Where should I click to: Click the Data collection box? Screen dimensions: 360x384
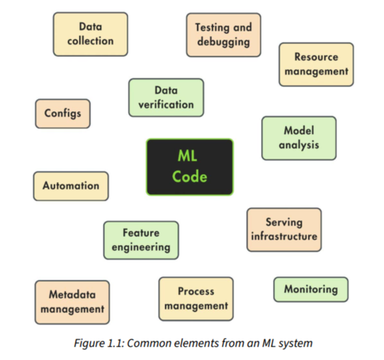click(90, 34)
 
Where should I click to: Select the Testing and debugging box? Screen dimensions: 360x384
click(223, 35)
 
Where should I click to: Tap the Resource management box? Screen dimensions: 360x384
click(316, 64)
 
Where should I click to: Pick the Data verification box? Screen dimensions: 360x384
click(166, 98)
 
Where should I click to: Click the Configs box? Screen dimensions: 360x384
click(63, 113)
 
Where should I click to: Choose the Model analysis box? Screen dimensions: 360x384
click(298, 138)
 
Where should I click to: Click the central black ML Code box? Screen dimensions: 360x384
click(190, 167)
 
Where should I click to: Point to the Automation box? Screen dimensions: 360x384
click(71, 186)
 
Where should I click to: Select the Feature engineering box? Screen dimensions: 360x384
click(141, 240)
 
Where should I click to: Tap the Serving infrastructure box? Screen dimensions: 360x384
click(284, 230)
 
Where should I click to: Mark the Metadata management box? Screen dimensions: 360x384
click(72, 302)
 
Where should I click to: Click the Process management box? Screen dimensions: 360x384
click(196, 298)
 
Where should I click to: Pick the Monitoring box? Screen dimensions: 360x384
click(310, 289)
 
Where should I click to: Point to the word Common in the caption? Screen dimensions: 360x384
click(148, 343)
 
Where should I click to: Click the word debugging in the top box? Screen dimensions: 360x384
click(223, 41)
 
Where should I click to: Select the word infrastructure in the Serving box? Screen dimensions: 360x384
click(284, 236)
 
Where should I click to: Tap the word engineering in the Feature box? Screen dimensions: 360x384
click(141, 247)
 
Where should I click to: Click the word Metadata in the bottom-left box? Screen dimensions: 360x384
click(72, 294)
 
